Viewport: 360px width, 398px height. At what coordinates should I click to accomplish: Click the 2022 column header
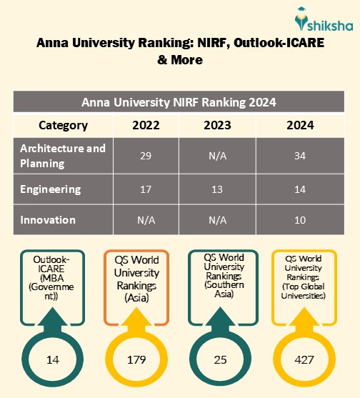(x=146, y=125)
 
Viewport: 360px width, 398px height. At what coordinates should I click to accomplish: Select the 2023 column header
(x=217, y=125)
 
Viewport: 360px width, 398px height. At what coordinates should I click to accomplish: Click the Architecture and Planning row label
(x=63, y=155)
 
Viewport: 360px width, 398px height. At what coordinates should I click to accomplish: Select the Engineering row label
(x=51, y=189)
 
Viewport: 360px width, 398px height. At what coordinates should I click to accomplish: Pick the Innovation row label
(x=48, y=219)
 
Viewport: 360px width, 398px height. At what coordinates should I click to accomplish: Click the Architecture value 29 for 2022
(x=146, y=155)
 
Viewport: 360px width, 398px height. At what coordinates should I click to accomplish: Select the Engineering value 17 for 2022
(x=146, y=189)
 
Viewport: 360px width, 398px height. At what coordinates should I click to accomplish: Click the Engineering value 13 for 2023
(x=217, y=189)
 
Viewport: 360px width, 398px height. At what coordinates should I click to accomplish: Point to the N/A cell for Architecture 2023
(x=217, y=155)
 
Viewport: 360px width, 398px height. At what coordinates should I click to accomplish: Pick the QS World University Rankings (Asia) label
(x=136, y=279)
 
